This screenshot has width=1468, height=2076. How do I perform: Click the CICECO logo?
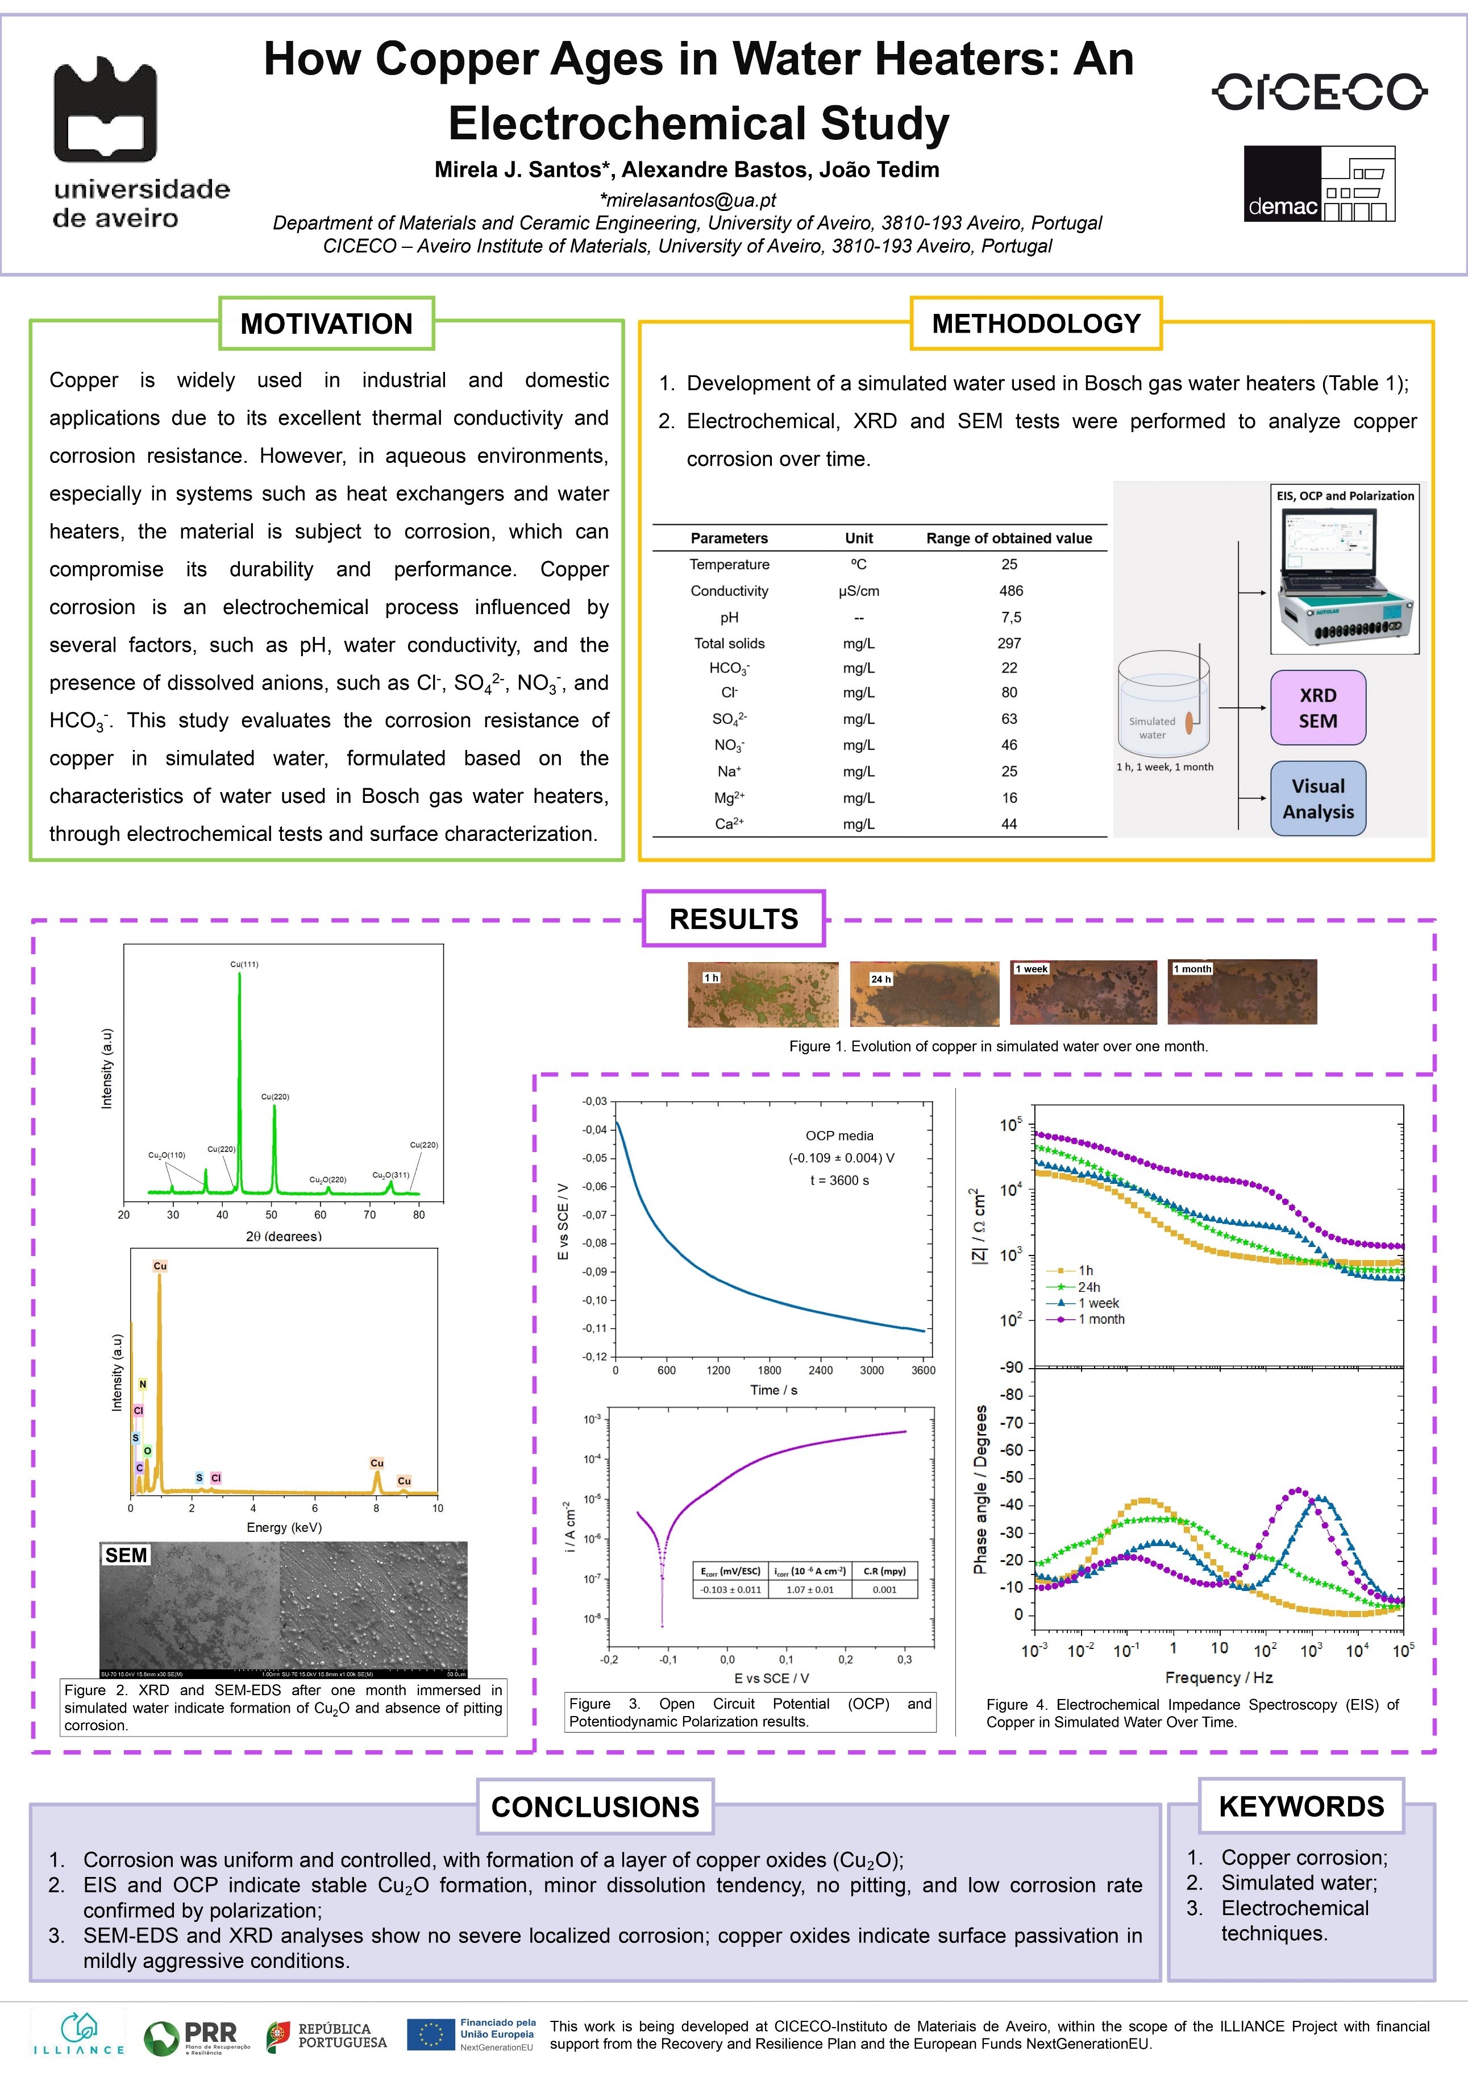click(x=1319, y=92)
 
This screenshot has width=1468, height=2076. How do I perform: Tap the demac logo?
click(x=1319, y=184)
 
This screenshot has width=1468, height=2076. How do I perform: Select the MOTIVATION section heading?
click(x=326, y=324)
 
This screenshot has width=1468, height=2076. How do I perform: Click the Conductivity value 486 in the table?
click(x=1010, y=590)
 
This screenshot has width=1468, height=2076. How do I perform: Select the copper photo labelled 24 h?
click(x=924, y=994)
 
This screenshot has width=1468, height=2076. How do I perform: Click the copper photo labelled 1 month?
click(x=1242, y=992)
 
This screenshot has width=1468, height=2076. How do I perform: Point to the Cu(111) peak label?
click(x=244, y=964)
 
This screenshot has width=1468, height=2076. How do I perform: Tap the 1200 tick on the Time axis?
click(x=718, y=1370)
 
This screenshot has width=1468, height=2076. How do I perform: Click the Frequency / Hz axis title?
click(x=1219, y=1677)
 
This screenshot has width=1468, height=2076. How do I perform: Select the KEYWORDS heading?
click(x=1301, y=1806)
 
